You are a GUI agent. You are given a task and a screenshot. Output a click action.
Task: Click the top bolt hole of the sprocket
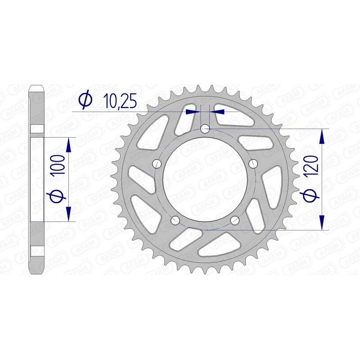click(x=205, y=129)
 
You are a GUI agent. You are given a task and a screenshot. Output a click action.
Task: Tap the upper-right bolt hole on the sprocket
click(x=253, y=162)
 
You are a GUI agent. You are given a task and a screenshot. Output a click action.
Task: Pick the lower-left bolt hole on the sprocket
click(x=175, y=220)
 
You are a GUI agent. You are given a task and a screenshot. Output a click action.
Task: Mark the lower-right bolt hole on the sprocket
click(x=235, y=220)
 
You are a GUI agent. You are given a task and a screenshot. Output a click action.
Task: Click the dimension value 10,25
click(x=115, y=100)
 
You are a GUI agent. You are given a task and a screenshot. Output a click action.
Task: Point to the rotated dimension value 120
click(x=314, y=166)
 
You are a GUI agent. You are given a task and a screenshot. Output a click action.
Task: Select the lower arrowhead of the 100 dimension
click(x=69, y=214)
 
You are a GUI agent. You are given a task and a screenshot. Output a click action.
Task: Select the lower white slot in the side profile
click(x=37, y=251)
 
